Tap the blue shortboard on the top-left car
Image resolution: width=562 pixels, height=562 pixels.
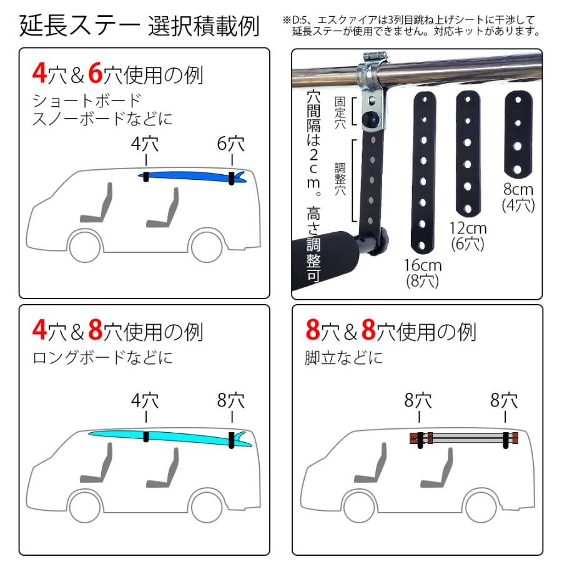click(187, 177)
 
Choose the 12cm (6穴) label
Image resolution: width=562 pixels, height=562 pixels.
click(468, 235)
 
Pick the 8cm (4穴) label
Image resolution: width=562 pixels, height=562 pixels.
click(518, 195)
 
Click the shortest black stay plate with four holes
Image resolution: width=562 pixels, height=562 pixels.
click(518, 135)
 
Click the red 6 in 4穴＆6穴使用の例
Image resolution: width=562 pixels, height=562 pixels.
click(96, 74)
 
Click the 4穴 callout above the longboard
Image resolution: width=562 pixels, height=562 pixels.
click(145, 400)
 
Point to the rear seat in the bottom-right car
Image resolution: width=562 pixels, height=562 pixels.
click(438, 468)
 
